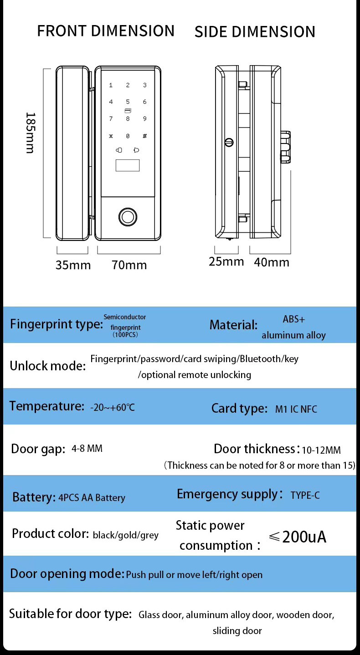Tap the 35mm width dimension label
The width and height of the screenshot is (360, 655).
point(73,265)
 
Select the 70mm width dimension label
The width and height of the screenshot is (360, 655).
point(129,265)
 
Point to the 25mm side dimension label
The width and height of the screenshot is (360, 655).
point(226,262)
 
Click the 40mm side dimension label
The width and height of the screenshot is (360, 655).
point(272,262)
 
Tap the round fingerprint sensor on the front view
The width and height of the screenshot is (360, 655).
point(128,216)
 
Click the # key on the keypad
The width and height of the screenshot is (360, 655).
point(144,136)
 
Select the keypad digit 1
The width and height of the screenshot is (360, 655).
point(111,85)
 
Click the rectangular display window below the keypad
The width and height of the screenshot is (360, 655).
point(128,165)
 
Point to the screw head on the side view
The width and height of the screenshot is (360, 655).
point(229,143)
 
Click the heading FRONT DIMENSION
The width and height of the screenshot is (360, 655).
point(106,31)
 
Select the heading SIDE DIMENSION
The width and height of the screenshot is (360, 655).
point(255,32)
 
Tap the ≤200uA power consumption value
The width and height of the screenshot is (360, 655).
point(298,537)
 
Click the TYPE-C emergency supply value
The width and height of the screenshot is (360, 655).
point(305,495)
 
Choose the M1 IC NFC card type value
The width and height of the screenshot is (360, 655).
point(296,409)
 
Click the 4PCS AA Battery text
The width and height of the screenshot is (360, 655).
point(92,498)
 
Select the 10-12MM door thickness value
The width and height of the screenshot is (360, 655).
point(321,450)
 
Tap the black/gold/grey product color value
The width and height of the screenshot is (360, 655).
point(125,535)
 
